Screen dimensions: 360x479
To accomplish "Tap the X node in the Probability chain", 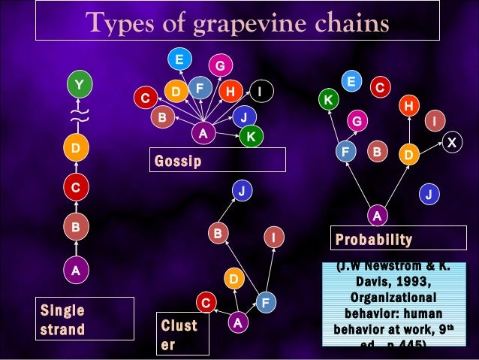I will coord(451,141).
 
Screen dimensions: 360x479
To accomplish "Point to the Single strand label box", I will coord(85,319).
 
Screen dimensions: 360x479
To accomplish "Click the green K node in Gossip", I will coord(251,136).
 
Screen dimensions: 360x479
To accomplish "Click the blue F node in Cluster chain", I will coord(265,303).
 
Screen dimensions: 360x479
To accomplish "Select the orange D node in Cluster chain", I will coord(233,279).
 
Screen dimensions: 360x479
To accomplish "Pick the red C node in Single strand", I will coord(75,186).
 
